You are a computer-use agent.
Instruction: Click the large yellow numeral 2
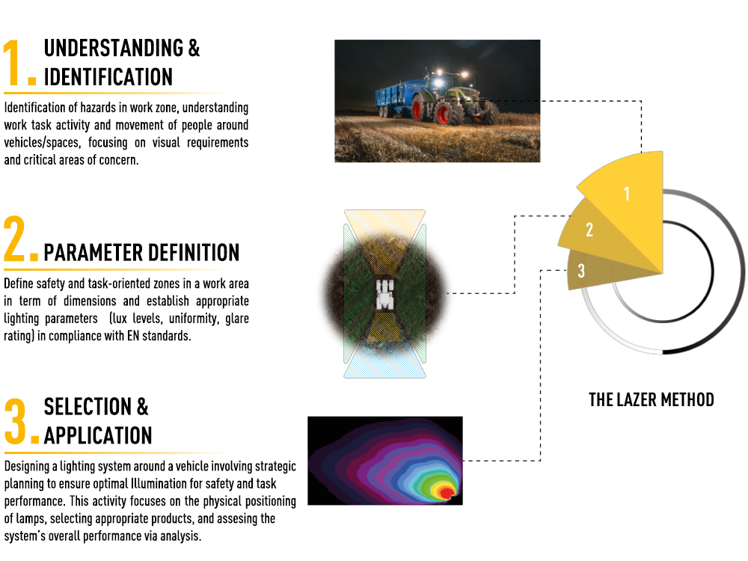(14, 239)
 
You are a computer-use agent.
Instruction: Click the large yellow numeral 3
(15, 421)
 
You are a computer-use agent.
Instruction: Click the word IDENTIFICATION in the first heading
(108, 77)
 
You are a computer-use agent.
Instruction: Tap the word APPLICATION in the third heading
(98, 435)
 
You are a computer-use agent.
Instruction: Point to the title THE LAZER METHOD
(652, 399)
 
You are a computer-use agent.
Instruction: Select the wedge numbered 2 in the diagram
(592, 231)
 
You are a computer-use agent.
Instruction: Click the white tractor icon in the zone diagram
(384, 295)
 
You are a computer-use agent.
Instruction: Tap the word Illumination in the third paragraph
(159, 484)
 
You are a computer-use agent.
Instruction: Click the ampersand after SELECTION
(143, 406)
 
